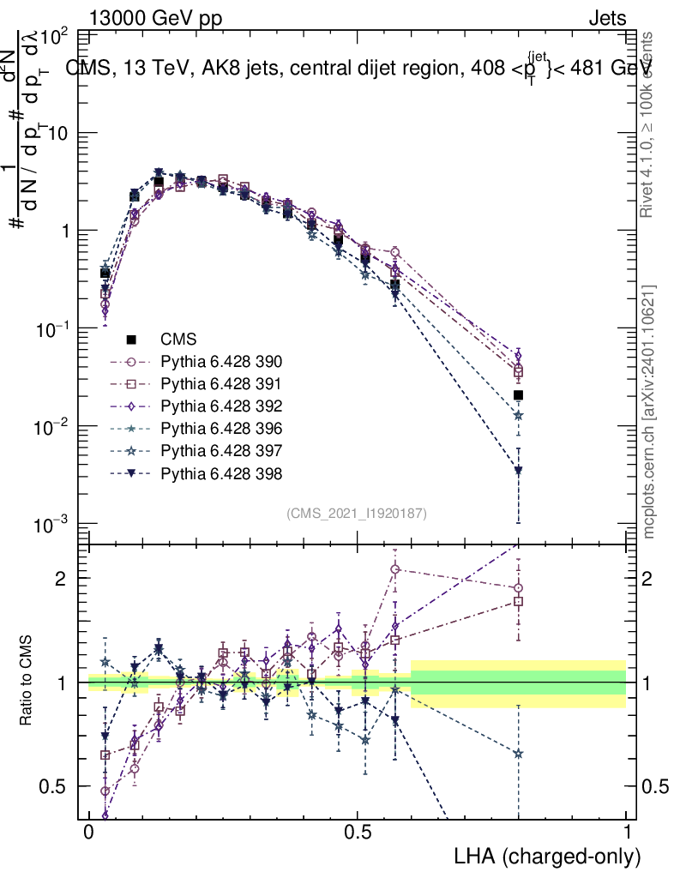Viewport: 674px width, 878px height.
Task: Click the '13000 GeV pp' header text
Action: pos(155,19)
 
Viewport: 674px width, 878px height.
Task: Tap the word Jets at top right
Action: pos(607,19)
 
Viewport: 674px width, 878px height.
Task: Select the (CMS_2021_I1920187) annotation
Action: pos(357,513)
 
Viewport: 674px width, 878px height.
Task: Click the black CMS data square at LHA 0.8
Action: pos(518,395)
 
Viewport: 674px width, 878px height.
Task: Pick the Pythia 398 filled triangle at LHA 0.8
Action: pos(518,471)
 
